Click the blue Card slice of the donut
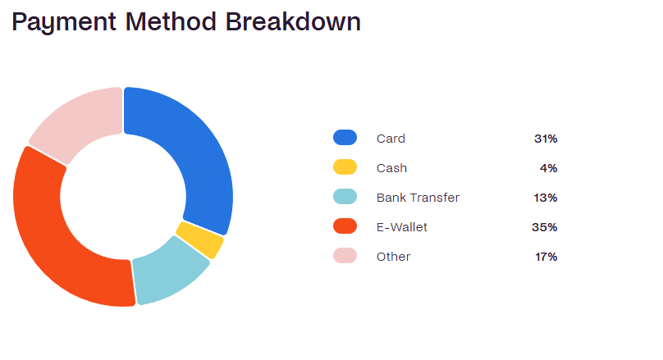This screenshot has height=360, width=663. [198, 161]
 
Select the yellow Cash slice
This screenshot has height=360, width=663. [200, 239]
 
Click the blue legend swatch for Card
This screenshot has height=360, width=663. [345, 138]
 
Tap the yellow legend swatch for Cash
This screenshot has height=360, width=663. [345, 167]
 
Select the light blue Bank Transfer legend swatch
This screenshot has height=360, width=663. [345, 197]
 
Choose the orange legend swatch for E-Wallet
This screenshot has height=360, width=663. [345, 226]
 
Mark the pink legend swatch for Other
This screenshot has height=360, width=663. [345, 256]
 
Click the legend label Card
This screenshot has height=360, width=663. [391, 139]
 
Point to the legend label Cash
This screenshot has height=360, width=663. [392, 168]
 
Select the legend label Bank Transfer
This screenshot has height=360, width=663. [418, 198]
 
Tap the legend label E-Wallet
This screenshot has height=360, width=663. [402, 227]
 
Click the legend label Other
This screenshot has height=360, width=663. [394, 257]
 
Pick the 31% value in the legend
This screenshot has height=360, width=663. [546, 139]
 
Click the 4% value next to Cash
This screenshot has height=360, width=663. [549, 168]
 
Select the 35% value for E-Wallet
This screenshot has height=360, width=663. [545, 227]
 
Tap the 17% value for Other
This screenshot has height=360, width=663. [546, 257]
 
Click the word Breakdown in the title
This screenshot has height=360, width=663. [293, 21]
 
